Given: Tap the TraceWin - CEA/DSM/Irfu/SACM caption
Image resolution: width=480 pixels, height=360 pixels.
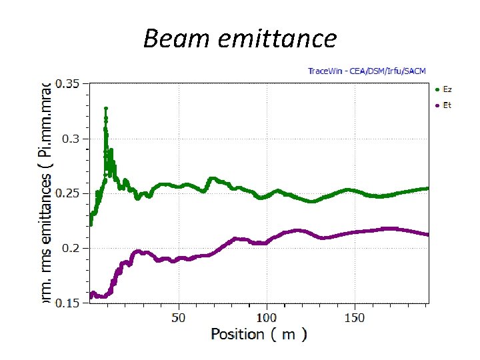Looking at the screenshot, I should pyautogui.click(x=366, y=71).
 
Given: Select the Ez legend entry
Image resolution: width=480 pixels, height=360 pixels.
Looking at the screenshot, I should pyautogui.click(x=447, y=89).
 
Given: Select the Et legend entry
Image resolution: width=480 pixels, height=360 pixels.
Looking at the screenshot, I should pyautogui.click(x=447, y=105).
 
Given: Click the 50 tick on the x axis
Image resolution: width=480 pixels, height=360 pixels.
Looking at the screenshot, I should pyautogui.click(x=179, y=317).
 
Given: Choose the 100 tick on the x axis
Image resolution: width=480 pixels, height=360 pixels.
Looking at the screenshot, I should pyautogui.click(x=267, y=317).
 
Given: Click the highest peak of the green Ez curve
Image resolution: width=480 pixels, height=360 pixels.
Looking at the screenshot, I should pyautogui.click(x=106, y=108).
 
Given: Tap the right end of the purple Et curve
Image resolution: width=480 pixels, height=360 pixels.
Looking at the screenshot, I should pyautogui.click(x=427, y=234).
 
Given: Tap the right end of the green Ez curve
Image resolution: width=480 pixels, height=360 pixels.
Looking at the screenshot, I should pyautogui.click(x=427, y=189).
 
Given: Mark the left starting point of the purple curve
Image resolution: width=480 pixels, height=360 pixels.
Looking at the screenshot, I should pyautogui.click(x=91, y=296).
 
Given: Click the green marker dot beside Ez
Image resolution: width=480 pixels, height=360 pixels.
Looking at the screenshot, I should pyautogui.click(x=437, y=89).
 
